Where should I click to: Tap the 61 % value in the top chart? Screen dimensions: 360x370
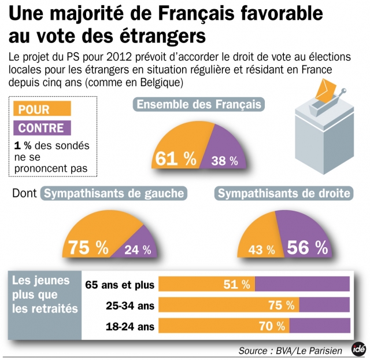[173, 159]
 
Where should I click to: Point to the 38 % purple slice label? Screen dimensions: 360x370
[224, 161]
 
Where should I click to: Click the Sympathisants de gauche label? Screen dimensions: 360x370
[114, 193]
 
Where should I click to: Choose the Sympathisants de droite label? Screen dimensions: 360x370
[284, 193]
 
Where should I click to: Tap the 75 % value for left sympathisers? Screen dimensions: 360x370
[88, 248]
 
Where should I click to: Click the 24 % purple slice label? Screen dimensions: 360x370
[138, 250]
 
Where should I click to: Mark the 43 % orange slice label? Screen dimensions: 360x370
[262, 250]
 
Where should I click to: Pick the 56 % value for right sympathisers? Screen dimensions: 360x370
[307, 248]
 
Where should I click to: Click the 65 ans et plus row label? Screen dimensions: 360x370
[120, 285]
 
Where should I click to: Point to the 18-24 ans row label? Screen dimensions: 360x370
[131, 327]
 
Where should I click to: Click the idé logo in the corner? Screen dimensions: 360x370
[358, 350]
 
